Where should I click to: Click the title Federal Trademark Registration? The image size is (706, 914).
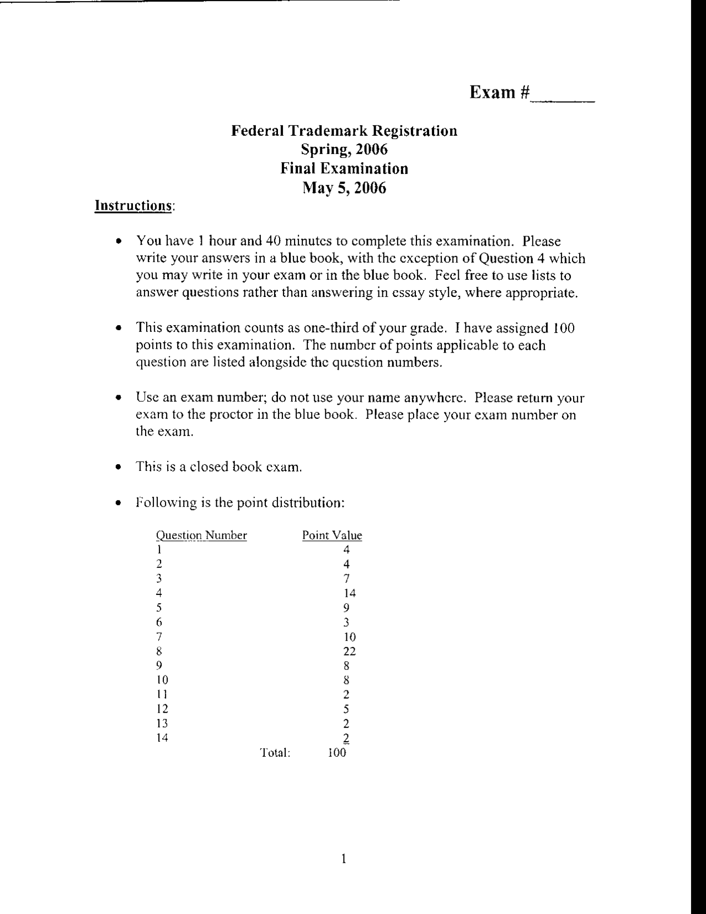(344, 131)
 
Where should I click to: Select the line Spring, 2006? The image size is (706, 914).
(344, 149)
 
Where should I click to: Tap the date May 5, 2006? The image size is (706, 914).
(344, 188)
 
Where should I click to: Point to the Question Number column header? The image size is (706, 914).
(201, 535)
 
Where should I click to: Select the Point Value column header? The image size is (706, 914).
(332, 535)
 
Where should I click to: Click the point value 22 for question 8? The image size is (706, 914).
(349, 651)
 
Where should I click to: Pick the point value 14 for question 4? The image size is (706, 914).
(349, 593)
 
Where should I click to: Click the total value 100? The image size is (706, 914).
(337, 753)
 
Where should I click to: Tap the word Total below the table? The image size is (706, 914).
(275, 753)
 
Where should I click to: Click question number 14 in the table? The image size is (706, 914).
(162, 738)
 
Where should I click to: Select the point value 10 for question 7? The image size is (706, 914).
(349, 637)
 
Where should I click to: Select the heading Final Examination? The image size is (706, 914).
(344, 168)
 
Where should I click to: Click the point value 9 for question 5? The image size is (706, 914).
(346, 608)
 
